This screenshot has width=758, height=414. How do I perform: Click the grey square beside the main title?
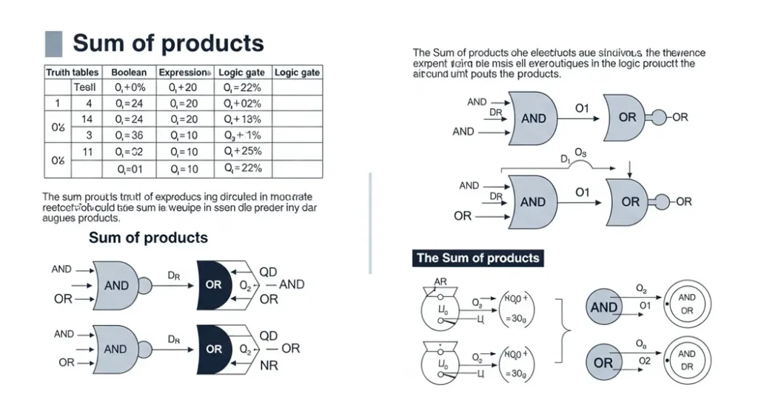53,44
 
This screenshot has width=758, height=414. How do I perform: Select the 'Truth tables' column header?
73,73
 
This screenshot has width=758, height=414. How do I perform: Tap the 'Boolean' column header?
129,73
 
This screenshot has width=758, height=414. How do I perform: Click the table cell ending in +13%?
243,119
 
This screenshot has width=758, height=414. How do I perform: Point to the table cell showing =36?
129,136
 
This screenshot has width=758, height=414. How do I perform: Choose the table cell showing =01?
129,168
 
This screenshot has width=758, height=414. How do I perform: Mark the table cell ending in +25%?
243,152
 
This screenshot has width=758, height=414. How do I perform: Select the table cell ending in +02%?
243,103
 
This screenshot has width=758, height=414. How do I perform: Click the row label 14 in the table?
87,119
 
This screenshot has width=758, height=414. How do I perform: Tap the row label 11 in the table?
87,152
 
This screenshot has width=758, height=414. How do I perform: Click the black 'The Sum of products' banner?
477,258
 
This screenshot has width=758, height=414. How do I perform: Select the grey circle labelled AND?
604,307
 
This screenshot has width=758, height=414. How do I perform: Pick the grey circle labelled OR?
604,363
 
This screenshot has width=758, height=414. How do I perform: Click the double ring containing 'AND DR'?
686,361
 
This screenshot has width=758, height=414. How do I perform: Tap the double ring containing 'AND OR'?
686,304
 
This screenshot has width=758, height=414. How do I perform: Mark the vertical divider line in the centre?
369,222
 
